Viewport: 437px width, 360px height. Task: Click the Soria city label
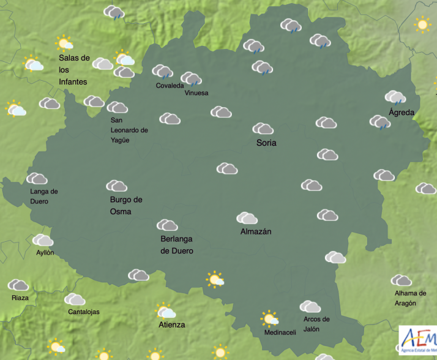tap(266, 143)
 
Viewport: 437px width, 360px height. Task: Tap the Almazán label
tap(256, 231)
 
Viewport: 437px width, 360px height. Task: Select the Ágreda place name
tap(402, 112)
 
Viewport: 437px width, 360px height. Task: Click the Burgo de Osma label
tap(125, 205)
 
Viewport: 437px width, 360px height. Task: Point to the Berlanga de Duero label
tap(177, 245)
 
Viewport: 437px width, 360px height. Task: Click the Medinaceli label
tap(280, 332)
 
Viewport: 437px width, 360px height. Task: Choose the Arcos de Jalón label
tap(316, 323)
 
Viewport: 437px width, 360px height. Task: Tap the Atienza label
tap(171, 324)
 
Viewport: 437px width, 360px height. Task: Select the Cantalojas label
tap(84, 312)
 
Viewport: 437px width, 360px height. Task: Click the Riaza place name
tap(20, 298)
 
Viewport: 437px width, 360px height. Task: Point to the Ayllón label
tap(45, 252)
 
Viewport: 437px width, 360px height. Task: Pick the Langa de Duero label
tap(43, 196)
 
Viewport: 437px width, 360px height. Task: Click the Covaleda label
tap(170, 86)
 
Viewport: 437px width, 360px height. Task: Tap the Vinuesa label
tap(196, 93)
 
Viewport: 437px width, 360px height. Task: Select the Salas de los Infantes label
tap(74, 70)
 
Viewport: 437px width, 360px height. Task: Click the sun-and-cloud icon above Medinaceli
tap(269, 318)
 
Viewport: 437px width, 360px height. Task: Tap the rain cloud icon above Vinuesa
tap(192, 79)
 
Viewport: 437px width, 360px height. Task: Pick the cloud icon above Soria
tap(263, 129)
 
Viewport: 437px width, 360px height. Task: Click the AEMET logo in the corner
tap(417, 340)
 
